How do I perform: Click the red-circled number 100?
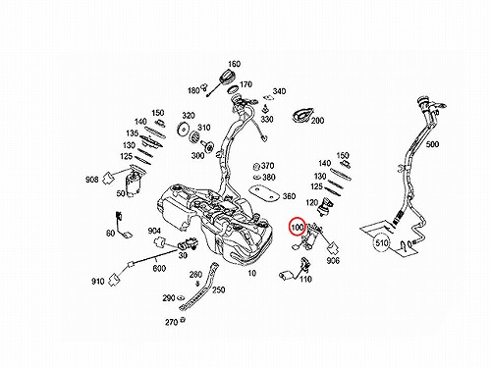coord(298,227)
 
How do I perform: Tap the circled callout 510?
coord(382,243)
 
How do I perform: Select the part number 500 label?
coord(432,144)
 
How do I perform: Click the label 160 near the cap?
coord(234,64)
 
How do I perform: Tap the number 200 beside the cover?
coord(317,121)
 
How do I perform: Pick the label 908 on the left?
coord(92,180)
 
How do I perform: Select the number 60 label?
coord(111,233)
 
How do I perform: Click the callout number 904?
coord(154,232)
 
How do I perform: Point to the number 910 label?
coord(97,281)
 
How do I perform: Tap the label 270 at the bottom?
coord(171,322)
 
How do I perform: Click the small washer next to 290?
coord(180,298)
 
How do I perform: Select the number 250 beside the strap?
coord(218,289)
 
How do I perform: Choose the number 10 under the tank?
coord(251,273)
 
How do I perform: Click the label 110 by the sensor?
coord(305,279)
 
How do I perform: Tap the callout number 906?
coord(333,260)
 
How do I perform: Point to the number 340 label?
coord(279,91)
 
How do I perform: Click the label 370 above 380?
coord(267,166)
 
